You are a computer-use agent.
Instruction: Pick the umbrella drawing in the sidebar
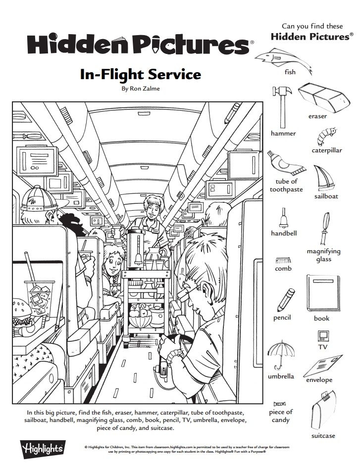[281, 353]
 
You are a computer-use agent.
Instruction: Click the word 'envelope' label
[319, 380]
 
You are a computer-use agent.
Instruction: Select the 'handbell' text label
[284, 233]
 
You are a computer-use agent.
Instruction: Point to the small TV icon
[322, 336]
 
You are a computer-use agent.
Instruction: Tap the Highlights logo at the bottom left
[41, 449]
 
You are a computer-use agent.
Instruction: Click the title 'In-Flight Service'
[140, 75]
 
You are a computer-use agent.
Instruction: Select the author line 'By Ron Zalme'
[141, 89]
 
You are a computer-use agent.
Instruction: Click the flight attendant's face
[150, 207]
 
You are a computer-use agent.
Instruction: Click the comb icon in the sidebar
[283, 260]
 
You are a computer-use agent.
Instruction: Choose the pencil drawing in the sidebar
[284, 298]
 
